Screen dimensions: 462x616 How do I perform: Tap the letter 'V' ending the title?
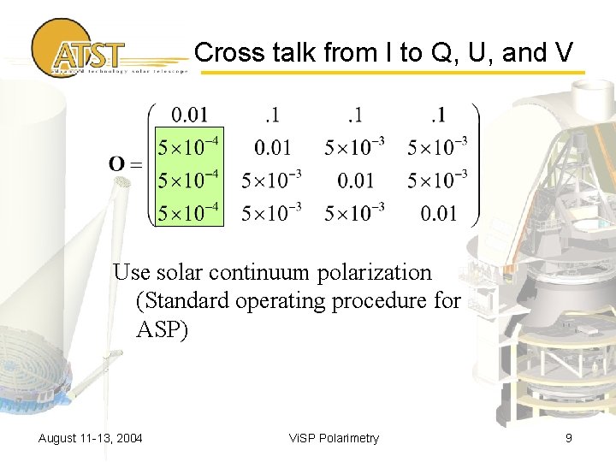tap(563, 53)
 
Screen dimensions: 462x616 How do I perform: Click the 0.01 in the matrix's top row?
tap(189, 115)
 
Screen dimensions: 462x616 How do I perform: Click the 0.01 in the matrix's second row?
tap(272, 147)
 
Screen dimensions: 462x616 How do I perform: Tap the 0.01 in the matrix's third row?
tap(355, 180)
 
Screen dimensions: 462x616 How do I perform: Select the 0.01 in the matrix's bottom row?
tap(438, 212)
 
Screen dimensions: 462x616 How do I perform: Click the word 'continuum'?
tap(268, 273)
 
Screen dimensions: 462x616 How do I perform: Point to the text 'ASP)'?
tap(162, 329)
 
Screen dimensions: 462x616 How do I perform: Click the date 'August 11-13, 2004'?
tap(91, 439)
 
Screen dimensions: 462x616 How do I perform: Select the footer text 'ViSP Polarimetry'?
tap(334, 439)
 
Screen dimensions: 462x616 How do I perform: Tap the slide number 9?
tap(568, 439)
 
